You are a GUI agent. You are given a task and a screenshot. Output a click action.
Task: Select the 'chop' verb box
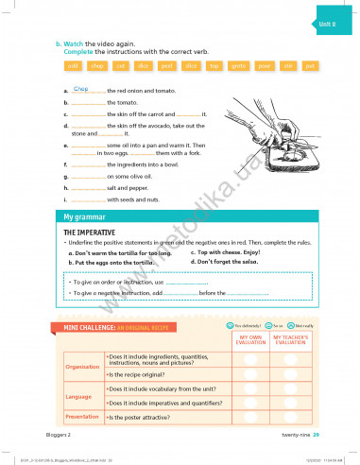pos(96,66)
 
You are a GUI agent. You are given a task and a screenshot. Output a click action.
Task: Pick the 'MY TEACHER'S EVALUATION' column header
pos(290,340)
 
